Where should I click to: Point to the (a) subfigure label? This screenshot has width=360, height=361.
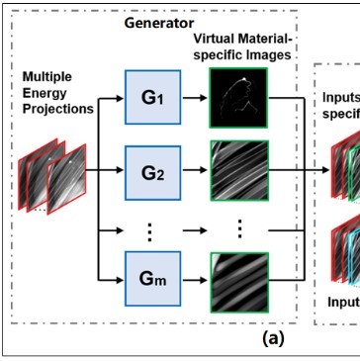tap(270, 337)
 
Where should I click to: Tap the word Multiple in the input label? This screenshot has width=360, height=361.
tap(47, 74)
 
